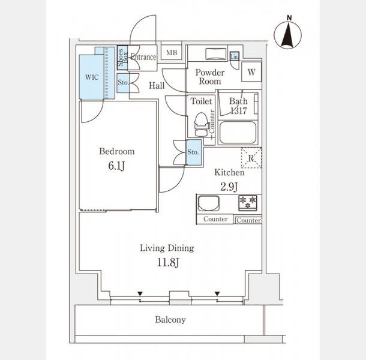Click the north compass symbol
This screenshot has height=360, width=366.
click(x=288, y=34)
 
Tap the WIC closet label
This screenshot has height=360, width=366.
click(x=92, y=77)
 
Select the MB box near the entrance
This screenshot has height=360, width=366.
click(x=171, y=53)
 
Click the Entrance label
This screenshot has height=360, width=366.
click(x=143, y=58)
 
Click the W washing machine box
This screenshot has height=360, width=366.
click(x=252, y=72)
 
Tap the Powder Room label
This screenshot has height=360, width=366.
click(x=209, y=77)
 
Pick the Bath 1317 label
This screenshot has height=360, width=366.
click(x=238, y=106)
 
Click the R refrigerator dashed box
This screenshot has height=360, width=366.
click(x=251, y=157)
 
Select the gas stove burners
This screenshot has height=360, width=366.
click(x=248, y=202)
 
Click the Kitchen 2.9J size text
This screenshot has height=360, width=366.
click(x=229, y=185)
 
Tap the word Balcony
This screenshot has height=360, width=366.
click(x=170, y=320)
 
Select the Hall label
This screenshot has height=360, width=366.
click(x=157, y=86)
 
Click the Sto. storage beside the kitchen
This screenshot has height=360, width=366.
click(x=193, y=152)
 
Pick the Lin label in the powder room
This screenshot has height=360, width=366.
click(x=235, y=56)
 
